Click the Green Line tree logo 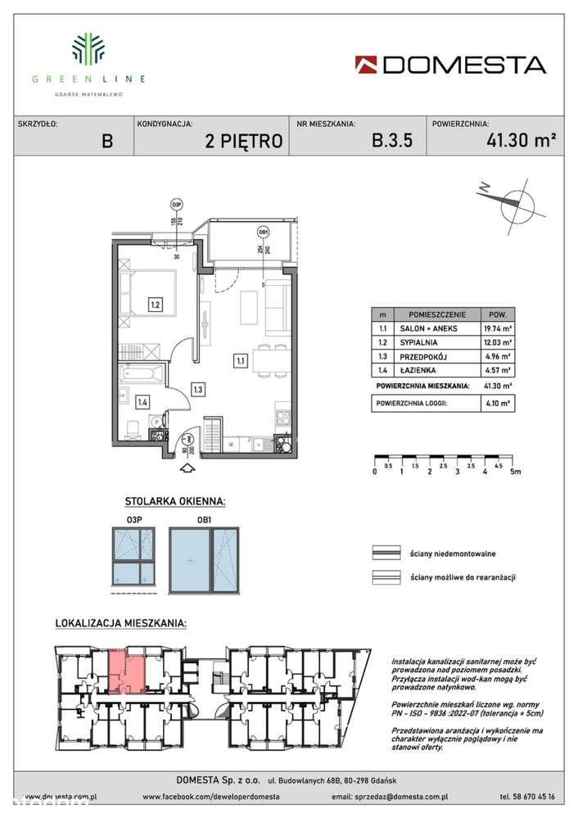(88, 48)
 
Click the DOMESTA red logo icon (367, 65)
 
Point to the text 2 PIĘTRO (244, 141)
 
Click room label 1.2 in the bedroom (155, 306)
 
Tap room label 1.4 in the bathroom (142, 402)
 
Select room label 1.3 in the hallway (197, 390)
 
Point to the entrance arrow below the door (187, 468)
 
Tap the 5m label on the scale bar (513, 472)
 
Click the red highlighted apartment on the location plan (121, 667)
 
